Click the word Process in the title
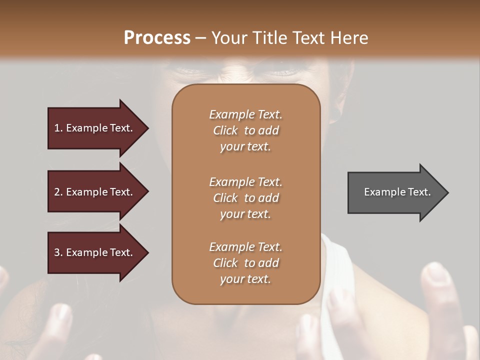point(157,38)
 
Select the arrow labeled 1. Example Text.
point(95,128)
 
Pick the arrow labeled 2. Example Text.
point(95,192)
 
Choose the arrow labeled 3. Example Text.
point(95,252)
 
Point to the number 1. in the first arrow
point(58,128)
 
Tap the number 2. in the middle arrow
point(58,192)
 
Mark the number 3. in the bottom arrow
point(58,252)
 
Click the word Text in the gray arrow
point(419,192)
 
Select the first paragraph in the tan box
point(245,130)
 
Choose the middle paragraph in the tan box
point(245,198)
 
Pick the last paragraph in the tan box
point(245,263)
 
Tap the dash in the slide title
point(200,38)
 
